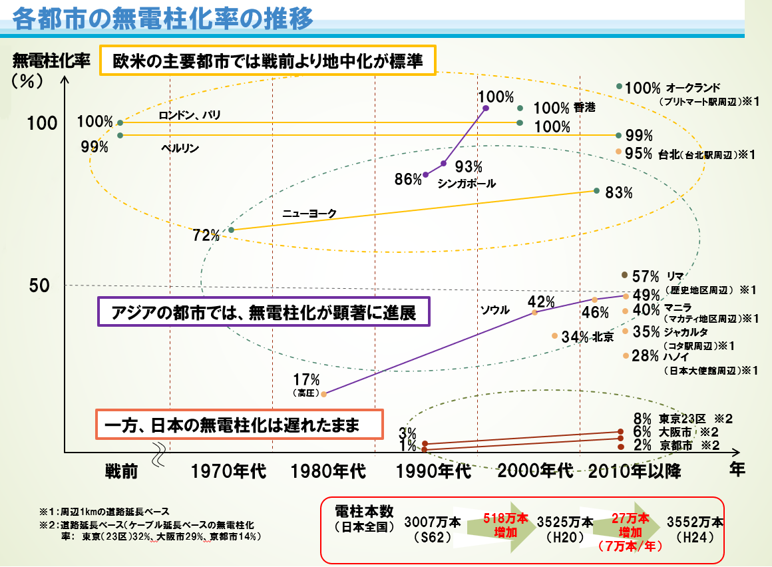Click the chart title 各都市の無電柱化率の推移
coord(162,18)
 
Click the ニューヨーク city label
coord(309,214)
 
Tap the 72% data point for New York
coord(231,230)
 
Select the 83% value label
coord(619,192)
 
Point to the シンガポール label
coord(467,183)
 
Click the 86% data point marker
coord(426,175)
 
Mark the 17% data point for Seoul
coord(324,394)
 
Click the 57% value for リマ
coord(645,276)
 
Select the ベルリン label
coord(180,148)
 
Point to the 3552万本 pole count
coord(695,521)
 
